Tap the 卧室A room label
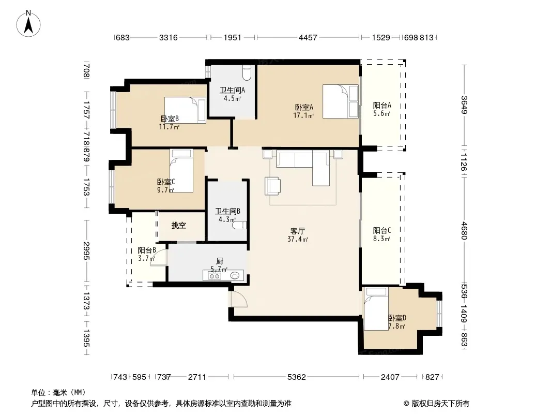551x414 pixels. (304, 107)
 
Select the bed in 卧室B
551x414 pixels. (185, 110)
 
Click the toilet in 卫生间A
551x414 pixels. (247, 72)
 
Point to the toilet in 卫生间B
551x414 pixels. (239, 225)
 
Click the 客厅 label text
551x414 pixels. (297, 231)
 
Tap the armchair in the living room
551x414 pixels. (272, 186)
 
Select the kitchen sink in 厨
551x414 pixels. (234, 276)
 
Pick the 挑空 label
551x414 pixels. (178, 226)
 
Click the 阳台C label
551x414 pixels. (382, 231)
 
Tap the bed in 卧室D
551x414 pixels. (376, 309)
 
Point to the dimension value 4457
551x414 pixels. (308, 37)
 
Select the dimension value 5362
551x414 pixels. (297, 377)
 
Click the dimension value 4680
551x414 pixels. (465, 230)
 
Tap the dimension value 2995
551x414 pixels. (86, 251)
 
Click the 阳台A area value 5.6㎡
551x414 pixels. (381, 113)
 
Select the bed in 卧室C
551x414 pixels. (181, 171)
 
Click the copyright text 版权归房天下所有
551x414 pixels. (440, 404)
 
